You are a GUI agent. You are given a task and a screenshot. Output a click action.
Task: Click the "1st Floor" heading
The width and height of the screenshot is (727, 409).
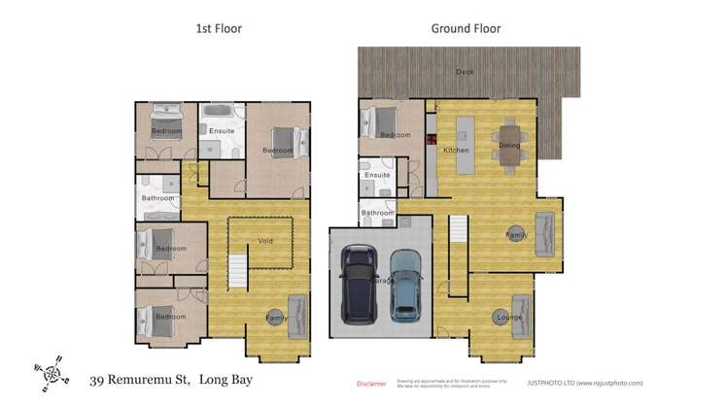point(219,28)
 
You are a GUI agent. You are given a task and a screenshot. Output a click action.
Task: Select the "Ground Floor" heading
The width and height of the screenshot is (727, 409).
point(466,28)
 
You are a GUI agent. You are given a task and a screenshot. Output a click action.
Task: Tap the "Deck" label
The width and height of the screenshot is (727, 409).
point(466,72)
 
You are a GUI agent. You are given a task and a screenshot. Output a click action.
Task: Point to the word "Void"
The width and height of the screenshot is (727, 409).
point(265,240)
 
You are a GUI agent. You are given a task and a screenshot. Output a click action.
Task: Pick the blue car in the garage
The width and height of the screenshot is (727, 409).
point(405,286)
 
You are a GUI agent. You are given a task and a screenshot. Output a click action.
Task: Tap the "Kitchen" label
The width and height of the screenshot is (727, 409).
point(456,151)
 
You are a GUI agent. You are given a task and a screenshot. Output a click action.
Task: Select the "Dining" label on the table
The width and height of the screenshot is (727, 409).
point(509,146)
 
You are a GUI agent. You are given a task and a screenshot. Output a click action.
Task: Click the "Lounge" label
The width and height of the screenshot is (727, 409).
point(509,318)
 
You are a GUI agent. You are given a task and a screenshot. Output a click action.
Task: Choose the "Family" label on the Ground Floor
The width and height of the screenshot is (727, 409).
point(516,235)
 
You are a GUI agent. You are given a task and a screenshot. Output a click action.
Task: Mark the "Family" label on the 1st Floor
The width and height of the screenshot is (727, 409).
point(277,318)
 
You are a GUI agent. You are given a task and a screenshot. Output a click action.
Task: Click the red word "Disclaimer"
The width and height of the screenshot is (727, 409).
point(371,384)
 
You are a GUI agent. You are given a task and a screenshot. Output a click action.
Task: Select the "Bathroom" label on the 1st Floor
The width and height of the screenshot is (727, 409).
point(157,198)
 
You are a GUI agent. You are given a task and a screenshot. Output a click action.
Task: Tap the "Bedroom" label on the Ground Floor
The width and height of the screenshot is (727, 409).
point(395,135)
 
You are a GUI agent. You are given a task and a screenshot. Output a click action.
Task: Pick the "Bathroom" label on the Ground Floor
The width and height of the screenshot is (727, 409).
point(377,213)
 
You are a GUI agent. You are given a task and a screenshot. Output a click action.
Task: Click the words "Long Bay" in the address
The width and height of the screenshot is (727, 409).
point(225,379)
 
